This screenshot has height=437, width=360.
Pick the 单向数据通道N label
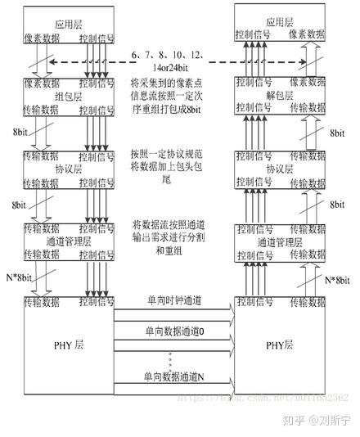coord(173,375)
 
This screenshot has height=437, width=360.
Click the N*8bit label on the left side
coord(20,279)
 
